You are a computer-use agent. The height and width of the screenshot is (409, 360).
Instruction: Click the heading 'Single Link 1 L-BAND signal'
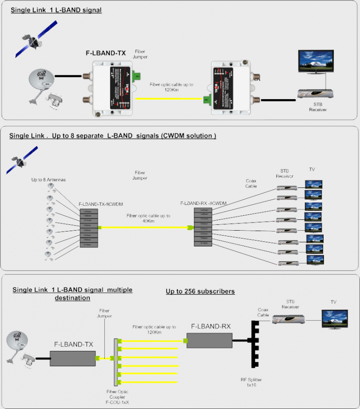(56, 10)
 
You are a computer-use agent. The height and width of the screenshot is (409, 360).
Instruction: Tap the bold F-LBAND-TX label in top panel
(106, 53)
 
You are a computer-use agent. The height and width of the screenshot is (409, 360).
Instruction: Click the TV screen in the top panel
(315, 62)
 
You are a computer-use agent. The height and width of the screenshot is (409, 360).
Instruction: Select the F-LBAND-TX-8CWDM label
(97, 204)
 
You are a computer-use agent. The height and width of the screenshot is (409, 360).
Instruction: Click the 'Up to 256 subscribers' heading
(200, 291)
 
